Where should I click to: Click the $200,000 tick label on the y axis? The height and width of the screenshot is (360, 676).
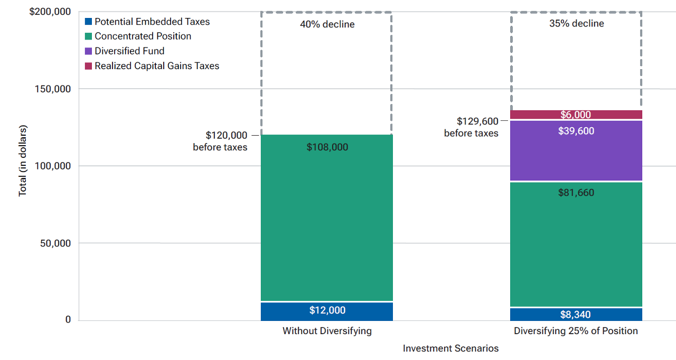51,12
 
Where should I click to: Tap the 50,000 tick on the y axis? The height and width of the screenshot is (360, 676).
55,243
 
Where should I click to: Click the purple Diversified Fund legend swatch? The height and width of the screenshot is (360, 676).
89,51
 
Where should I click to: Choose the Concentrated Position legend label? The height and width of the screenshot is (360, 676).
143,36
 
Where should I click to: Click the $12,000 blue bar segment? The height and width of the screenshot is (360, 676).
327,311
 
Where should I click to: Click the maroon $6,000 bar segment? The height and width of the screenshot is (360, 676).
576,115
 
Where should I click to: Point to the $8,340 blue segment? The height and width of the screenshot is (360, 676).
576,315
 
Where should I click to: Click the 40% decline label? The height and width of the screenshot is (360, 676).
327,24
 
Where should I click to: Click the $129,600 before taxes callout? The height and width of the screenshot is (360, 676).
471,127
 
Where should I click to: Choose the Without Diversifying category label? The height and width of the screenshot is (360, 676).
327,331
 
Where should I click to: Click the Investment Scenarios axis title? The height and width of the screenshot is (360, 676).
450,348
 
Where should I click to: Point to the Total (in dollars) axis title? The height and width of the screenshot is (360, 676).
23,161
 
